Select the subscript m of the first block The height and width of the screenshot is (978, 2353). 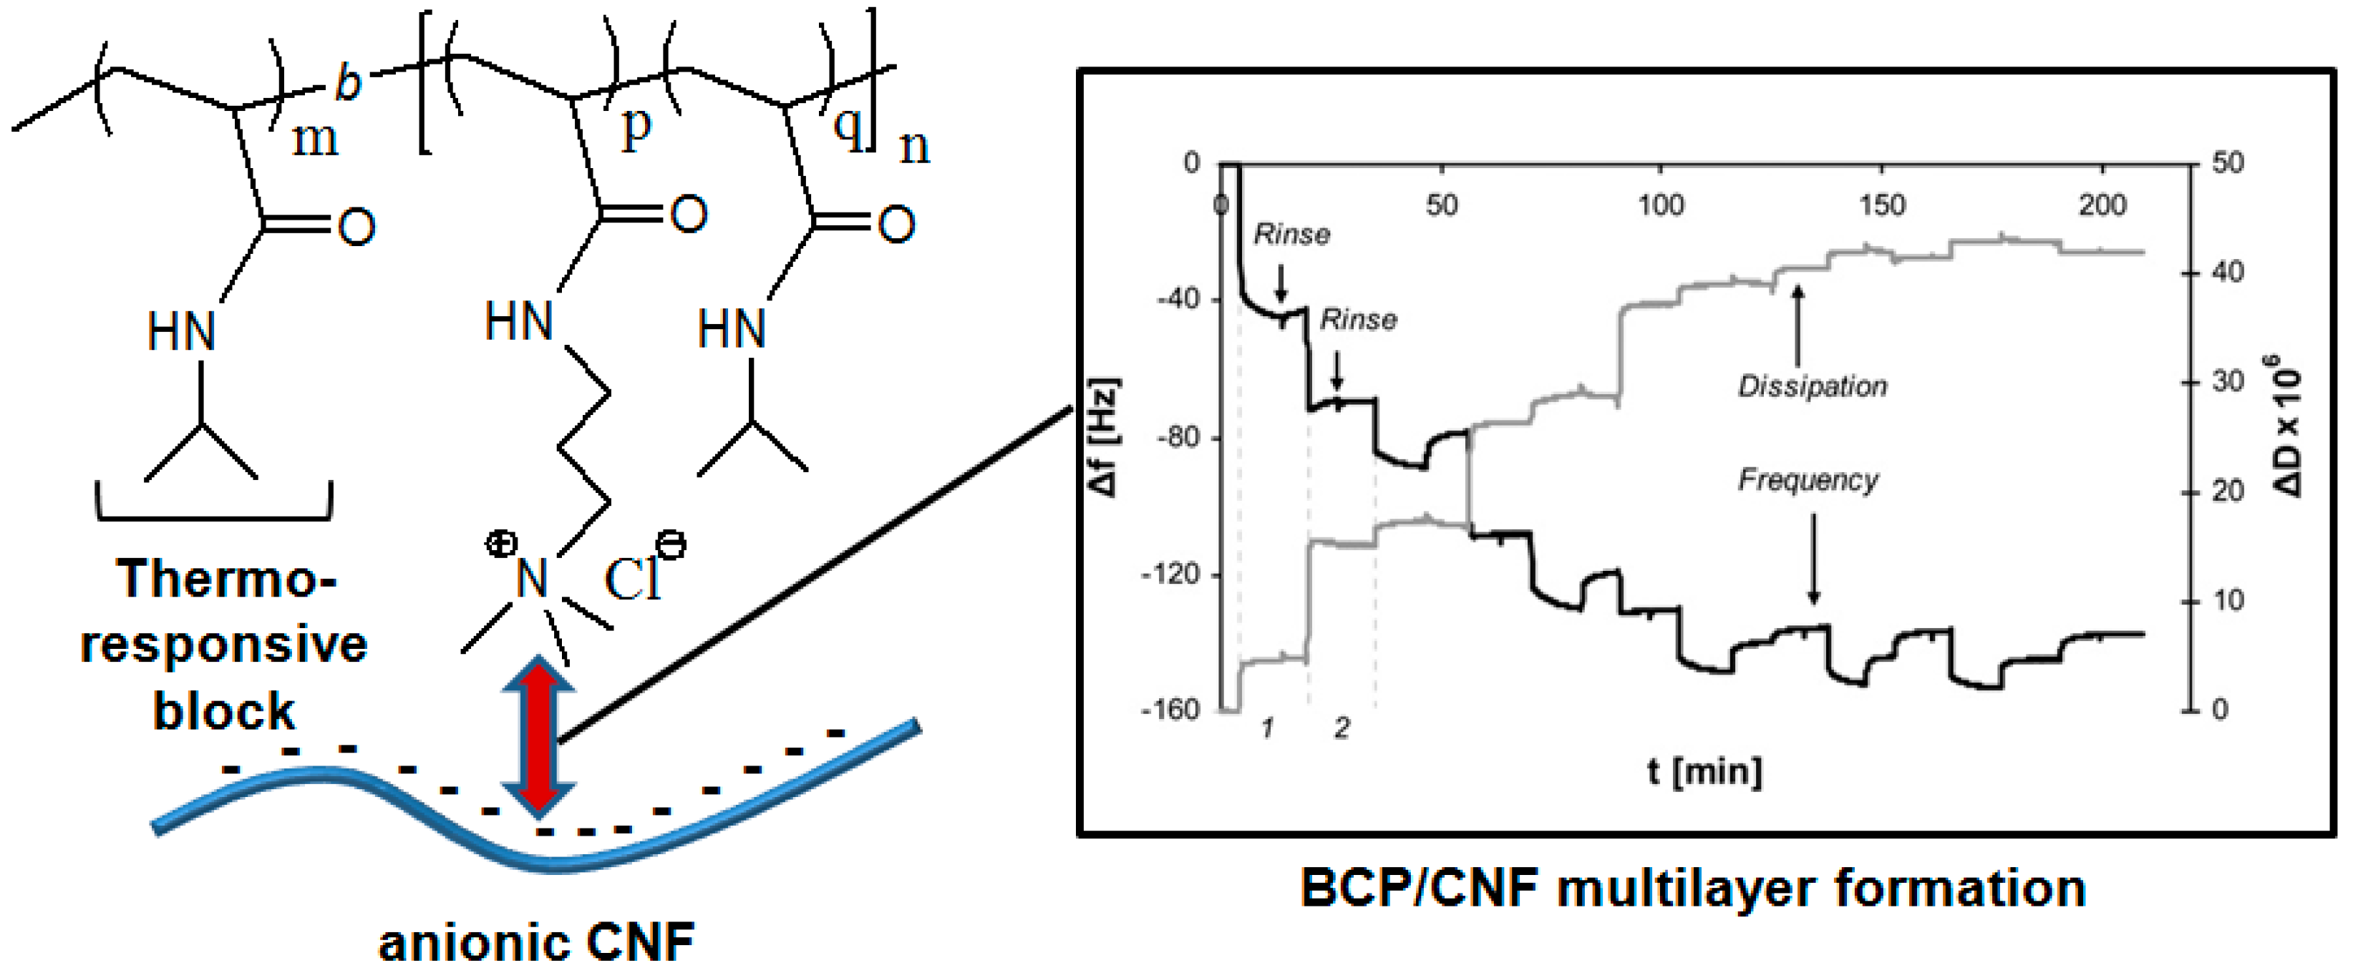pyautogui.click(x=315, y=140)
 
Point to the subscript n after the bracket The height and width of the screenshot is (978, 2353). pyautogui.click(x=914, y=146)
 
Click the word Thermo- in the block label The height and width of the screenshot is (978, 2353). pyautogui.click(x=225, y=579)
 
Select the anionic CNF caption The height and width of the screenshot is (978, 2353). pyautogui.click(x=536, y=942)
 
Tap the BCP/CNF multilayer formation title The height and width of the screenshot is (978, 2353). pyautogui.click(x=1692, y=889)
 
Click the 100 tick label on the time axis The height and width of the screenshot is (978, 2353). pyautogui.click(x=1661, y=205)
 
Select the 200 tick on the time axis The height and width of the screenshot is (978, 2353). pyautogui.click(x=2102, y=205)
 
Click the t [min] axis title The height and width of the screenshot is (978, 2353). pyautogui.click(x=1704, y=772)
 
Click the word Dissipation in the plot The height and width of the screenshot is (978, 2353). pyautogui.click(x=1813, y=386)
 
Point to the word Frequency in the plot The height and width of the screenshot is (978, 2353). pyautogui.click(x=1808, y=479)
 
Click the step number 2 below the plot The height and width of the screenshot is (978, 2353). pyautogui.click(x=1341, y=728)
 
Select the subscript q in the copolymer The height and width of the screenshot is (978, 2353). pyautogui.click(x=848, y=128)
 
